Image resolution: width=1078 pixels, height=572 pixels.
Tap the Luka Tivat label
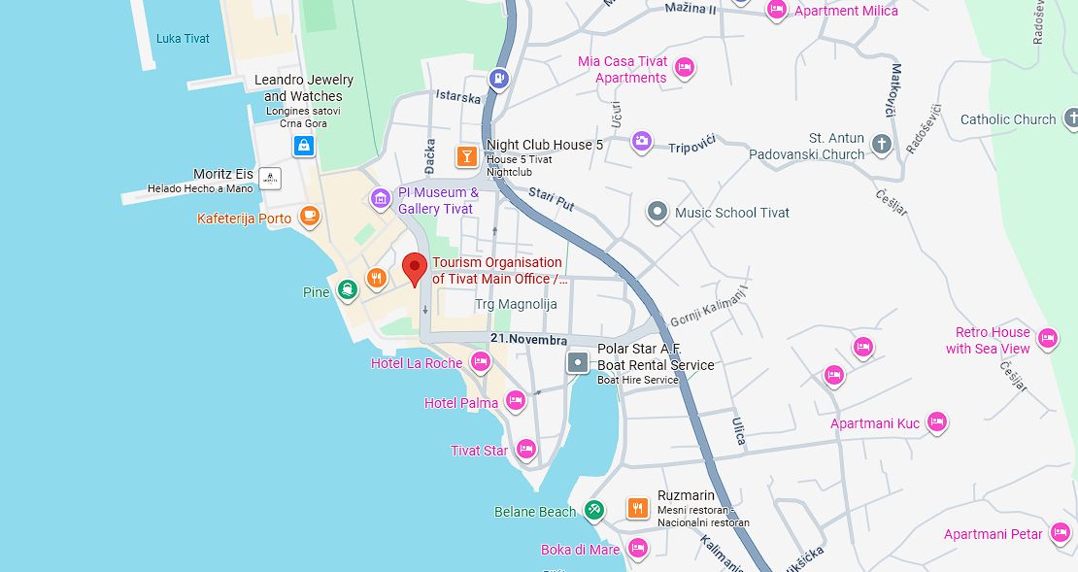pyautogui.click(x=182, y=39)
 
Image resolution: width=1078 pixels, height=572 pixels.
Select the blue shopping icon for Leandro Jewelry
pyautogui.click(x=304, y=147)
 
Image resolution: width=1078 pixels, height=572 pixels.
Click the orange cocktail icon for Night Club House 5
pyautogui.click(x=466, y=155)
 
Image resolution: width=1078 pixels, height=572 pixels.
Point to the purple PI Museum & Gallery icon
pyautogui.click(x=381, y=200)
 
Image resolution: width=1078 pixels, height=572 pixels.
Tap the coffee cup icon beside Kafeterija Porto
pyautogui.click(x=309, y=217)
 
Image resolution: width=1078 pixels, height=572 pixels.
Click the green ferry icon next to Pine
pyautogui.click(x=348, y=289)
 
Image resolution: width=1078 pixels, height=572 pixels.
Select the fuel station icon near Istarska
pyautogui.click(x=499, y=78)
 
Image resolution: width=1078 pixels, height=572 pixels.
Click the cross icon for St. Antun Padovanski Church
pyautogui.click(x=882, y=145)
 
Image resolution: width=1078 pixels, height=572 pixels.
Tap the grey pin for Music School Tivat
pyautogui.click(x=657, y=212)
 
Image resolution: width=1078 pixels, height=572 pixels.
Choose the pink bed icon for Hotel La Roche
pyautogui.click(x=480, y=362)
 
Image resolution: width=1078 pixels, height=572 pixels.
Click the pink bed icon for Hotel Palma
pyautogui.click(x=516, y=400)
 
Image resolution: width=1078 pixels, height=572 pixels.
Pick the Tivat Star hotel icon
pyautogui.click(x=526, y=449)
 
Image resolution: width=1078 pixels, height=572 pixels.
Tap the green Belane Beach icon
pyautogui.click(x=594, y=509)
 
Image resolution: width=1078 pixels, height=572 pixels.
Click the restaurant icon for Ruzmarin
pyautogui.click(x=637, y=506)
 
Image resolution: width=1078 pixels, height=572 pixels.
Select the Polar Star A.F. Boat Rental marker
pyautogui.click(x=578, y=363)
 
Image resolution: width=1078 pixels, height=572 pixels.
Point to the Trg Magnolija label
pyautogui.click(x=516, y=304)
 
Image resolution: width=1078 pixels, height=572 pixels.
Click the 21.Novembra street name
pyautogui.click(x=528, y=340)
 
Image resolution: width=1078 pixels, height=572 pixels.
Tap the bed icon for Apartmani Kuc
pyautogui.click(x=936, y=421)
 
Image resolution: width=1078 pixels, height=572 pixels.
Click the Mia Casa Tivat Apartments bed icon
pyautogui.click(x=685, y=67)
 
